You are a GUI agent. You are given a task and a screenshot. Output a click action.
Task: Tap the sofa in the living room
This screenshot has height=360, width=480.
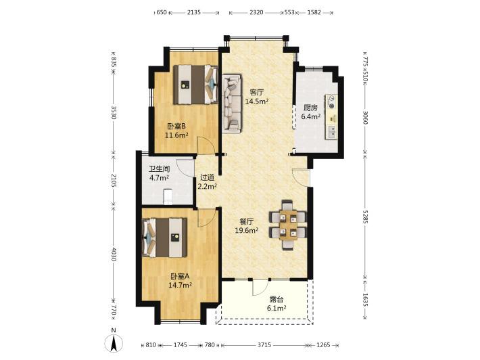[x=232, y=104]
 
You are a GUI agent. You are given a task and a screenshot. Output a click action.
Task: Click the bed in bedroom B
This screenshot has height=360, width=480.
[x=195, y=85]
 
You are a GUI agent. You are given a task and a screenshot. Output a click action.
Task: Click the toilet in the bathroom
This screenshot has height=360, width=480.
[x=168, y=197]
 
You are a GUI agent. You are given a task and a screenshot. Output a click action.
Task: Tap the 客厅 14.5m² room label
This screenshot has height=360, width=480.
[x=257, y=97]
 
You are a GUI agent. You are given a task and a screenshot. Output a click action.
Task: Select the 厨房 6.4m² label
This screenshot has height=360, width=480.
[x=311, y=112]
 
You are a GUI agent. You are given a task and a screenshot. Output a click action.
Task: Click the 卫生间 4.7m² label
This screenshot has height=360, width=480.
[x=159, y=173]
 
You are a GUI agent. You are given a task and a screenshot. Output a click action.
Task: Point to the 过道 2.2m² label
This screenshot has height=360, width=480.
[x=208, y=181]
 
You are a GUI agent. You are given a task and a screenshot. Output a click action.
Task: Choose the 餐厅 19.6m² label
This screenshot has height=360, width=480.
[x=247, y=225]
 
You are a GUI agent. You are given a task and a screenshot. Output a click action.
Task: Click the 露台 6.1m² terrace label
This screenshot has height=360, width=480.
[x=277, y=304]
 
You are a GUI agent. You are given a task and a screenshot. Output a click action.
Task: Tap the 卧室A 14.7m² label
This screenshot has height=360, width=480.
[x=180, y=281]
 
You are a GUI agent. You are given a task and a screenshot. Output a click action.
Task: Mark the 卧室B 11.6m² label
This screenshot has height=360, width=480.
[x=176, y=131]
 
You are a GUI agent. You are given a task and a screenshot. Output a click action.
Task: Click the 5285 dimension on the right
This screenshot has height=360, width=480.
[x=364, y=216]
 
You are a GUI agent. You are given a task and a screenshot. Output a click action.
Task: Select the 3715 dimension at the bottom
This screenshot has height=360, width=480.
[x=264, y=345]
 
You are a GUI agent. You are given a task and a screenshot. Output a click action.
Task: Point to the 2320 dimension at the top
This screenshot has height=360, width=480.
[x=256, y=12]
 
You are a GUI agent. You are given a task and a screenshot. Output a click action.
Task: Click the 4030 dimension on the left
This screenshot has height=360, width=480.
[x=114, y=254]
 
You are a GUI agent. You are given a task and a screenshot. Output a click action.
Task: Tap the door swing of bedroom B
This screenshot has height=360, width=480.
[x=206, y=145]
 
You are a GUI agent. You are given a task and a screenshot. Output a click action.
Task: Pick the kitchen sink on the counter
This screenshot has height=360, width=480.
[x=331, y=132]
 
